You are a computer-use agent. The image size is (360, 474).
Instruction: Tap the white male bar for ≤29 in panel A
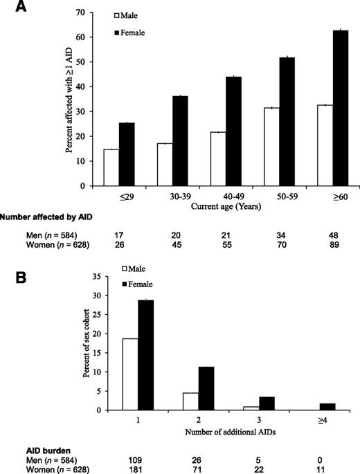tap(111, 167)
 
